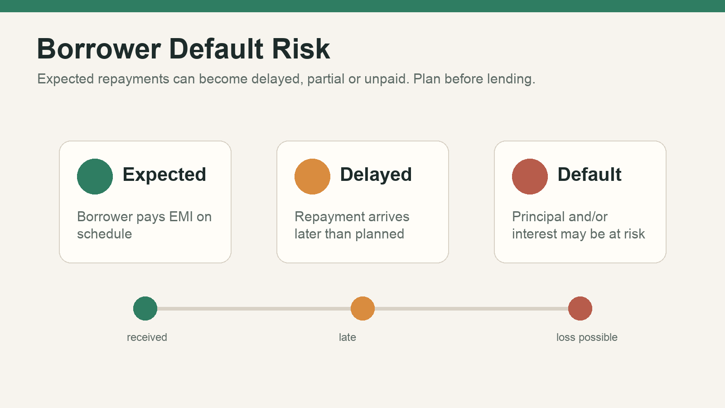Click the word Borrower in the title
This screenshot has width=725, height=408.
pos(99,49)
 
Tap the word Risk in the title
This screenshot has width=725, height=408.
pos(301,49)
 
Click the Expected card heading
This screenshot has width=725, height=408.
pos(164,175)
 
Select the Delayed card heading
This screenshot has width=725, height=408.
pos(376,175)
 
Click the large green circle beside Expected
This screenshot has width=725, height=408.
pos(95,176)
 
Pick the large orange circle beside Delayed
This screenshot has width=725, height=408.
pos(312,176)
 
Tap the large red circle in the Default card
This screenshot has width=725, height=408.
pos(530,176)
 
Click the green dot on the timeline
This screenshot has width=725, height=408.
pos(145,309)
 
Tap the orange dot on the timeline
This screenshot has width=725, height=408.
pos(363,309)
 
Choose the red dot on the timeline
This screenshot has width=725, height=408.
pos(580,309)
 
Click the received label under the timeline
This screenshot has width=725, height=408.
pos(147,337)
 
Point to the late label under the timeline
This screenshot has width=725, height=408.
pos(347,337)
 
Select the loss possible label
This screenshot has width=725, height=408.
pos(587,338)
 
